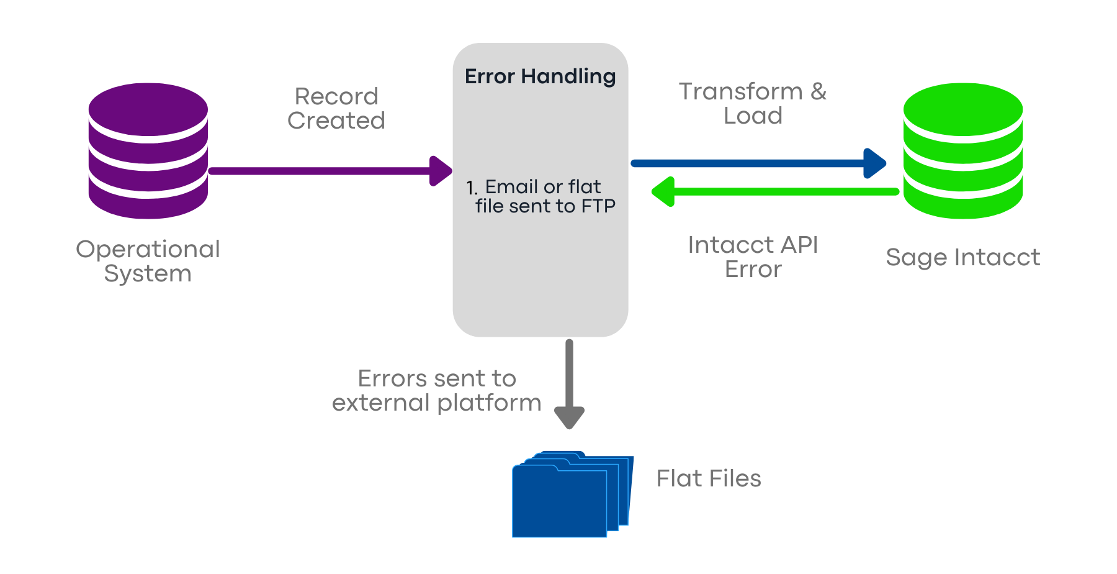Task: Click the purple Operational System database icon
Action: pyautogui.click(x=148, y=151)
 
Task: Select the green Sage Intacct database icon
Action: pyautogui.click(x=962, y=151)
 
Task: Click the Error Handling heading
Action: pyautogui.click(x=540, y=76)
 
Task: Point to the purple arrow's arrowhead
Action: pyautogui.click(x=441, y=171)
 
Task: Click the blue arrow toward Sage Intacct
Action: pyautogui.click(x=757, y=163)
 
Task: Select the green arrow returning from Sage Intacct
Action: pyautogui.click(x=776, y=191)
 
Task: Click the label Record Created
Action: pyautogui.click(x=336, y=108)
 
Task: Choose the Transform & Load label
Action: pyautogui.click(x=753, y=103)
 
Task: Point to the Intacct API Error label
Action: pyautogui.click(x=753, y=257)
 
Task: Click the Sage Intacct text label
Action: pyautogui.click(x=962, y=257)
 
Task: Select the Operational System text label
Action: pyautogui.click(x=148, y=261)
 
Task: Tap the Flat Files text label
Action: pyautogui.click(x=709, y=478)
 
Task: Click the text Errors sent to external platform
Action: pyautogui.click(x=437, y=390)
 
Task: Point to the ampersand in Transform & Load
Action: pyautogui.click(x=819, y=91)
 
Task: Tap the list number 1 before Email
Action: pyautogui.click(x=471, y=188)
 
